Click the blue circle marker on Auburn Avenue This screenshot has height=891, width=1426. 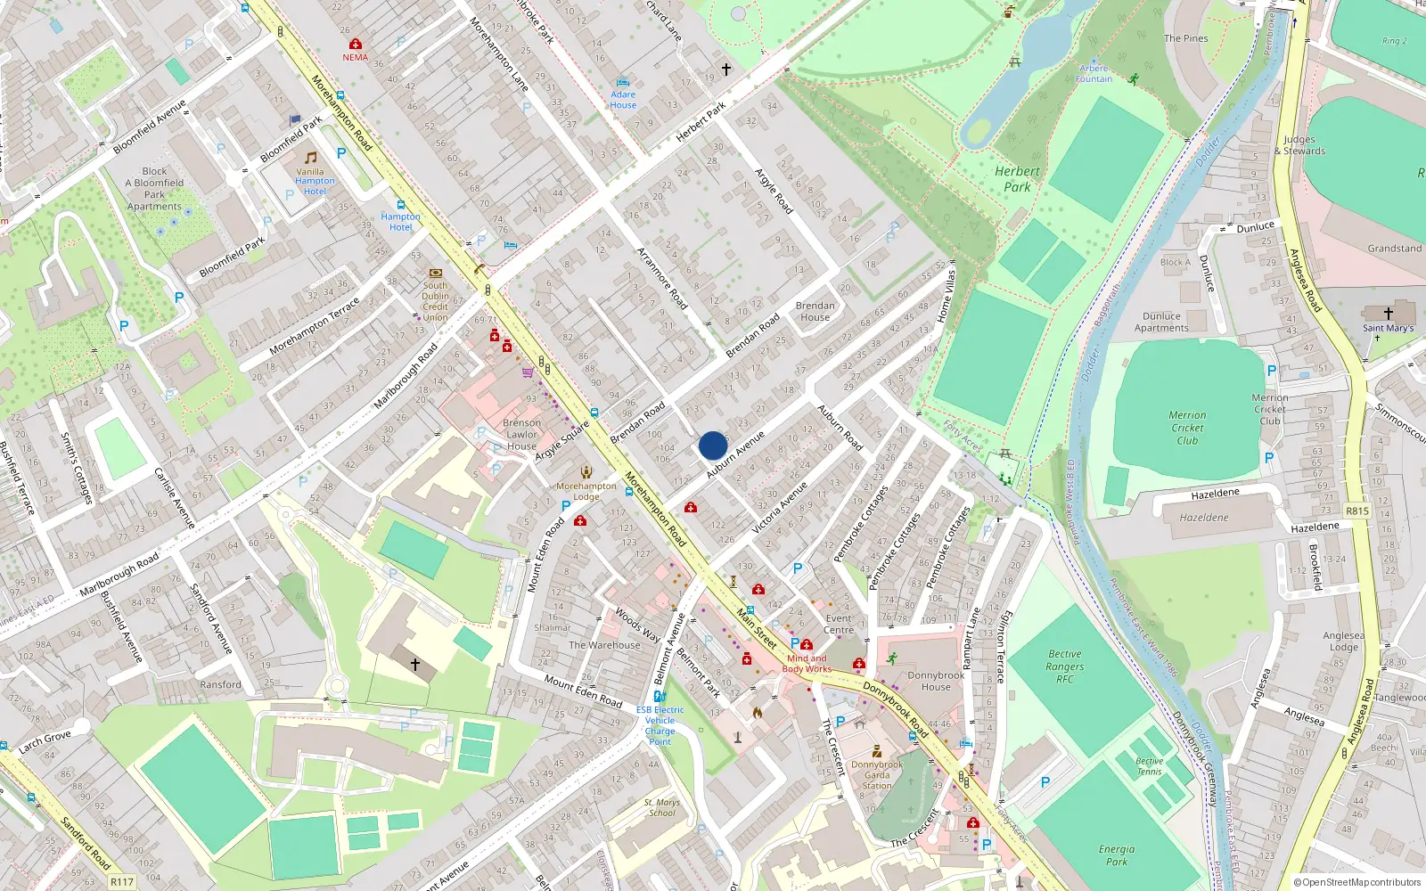coord(713,445)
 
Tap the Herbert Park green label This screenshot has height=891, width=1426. coord(1017,179)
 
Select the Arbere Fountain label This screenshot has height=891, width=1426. coord(1094,74)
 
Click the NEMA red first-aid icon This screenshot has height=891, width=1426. coord(356,44)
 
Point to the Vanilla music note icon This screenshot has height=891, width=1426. coord(311,158)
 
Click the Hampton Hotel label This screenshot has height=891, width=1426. coord(400,222)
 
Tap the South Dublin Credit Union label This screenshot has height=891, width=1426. coord(435,301)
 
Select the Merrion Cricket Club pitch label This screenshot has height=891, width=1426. coord(1187,428)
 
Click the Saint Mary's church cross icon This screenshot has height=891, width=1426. coord(1388,314)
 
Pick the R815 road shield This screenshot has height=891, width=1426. coord(1356,511)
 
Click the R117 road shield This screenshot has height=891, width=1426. coord(122,882)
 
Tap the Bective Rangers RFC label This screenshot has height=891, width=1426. coord(1064,666)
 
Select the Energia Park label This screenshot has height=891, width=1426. coord(1117,855)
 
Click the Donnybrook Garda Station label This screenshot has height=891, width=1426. coord(877,775)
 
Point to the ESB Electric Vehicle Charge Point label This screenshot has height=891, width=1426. coord(660,725)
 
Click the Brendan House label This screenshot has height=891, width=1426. coord(815,311)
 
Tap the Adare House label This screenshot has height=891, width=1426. coord(623,100)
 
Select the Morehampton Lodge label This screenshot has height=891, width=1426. coord(586,491)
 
